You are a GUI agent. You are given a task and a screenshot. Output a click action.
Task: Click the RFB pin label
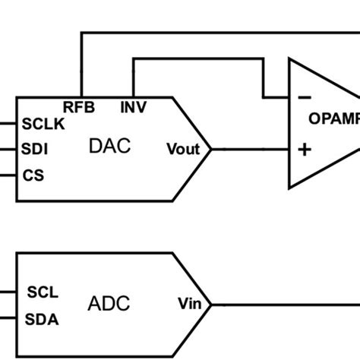click(x=79, y=107)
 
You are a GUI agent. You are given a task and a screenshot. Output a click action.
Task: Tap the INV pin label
click(x=134, y=107)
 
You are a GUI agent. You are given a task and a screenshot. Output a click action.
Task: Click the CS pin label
click(x=33, y=175)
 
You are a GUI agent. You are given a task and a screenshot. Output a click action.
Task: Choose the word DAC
click(x=109, y=147)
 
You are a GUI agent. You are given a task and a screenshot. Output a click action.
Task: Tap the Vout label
click(x=182, y=150)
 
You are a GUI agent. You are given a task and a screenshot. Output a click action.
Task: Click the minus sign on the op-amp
click(x=305, y=97)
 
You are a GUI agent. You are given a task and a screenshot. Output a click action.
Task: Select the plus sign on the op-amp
click(x=305, y=150)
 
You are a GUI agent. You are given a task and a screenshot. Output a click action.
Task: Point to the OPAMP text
click(x=334, y=118)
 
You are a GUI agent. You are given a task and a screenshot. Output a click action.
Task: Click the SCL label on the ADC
click(x=43, y=292)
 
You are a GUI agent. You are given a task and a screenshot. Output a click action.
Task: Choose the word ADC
click(x=109, y=305)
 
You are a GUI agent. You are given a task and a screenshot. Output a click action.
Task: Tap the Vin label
click(x=189, y=305)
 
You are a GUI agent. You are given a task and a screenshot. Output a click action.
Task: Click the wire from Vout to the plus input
click(x=251, y=150)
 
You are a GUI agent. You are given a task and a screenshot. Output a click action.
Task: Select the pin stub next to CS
click(x=8, y=175)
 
